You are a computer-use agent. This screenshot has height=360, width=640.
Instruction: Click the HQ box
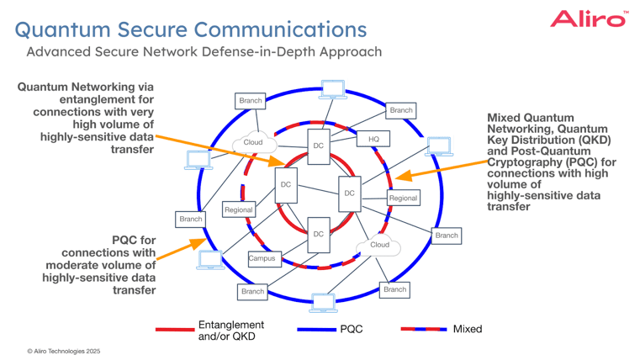[373, 139]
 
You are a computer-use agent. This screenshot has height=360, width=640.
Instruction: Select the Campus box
[262, 259]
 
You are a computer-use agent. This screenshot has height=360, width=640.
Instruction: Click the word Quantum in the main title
[64, 30]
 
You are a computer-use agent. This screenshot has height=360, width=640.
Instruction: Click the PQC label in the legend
[351, 329]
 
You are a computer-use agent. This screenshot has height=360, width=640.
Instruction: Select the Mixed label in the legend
[468, 329]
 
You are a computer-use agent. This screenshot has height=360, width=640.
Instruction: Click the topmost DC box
[318, 146]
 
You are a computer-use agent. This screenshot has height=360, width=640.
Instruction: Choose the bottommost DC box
[318, 234]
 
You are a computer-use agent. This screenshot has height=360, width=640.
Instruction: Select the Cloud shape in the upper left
[252, 142]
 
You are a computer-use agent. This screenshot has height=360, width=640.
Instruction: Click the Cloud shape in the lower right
[380, 245]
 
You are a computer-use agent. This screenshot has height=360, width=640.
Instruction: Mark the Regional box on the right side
[403, 198]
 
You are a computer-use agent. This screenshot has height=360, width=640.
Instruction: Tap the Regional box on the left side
[238, 209]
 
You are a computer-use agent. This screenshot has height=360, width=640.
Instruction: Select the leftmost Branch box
[190, 219]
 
